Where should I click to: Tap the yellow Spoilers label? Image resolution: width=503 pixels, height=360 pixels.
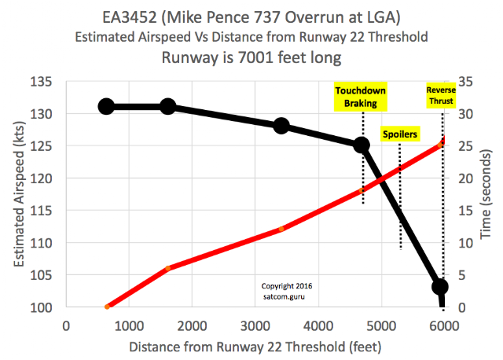(400, 134)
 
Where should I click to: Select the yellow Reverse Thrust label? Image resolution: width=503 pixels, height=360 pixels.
(441, 96)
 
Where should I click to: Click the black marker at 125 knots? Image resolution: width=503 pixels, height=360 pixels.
(362, 145)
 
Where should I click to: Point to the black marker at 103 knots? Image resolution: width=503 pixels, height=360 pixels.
(440, 287)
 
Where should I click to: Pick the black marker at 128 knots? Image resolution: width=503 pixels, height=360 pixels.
(281, 126)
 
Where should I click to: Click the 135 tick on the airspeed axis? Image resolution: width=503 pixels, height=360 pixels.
(41, 82)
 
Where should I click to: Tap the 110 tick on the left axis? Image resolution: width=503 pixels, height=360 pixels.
(41, 243)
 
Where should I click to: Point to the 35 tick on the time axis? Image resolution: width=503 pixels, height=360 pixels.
(461, 82)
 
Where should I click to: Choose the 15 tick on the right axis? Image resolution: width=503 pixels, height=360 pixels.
(461, 211)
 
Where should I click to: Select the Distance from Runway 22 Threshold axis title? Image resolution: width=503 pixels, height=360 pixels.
(255, 345)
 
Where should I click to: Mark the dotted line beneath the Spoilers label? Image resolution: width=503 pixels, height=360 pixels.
(400, 197)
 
